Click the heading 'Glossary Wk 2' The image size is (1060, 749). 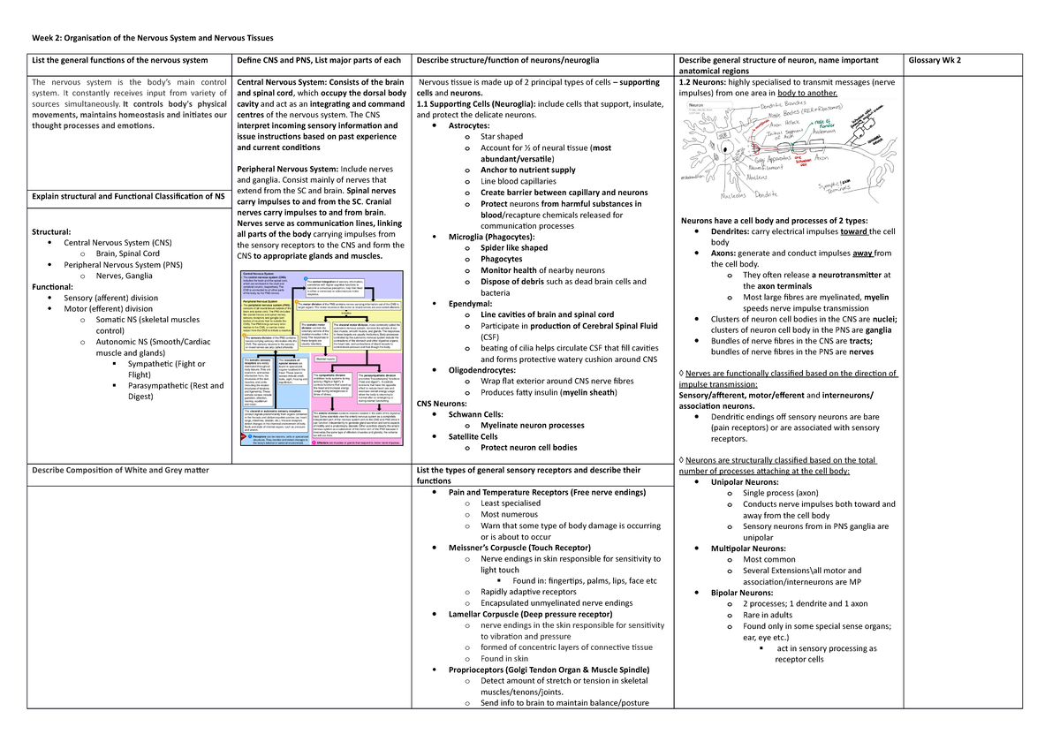(x=935, y=60)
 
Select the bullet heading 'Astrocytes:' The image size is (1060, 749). (x=476, y=126)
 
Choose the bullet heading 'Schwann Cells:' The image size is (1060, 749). (x=476, y=413)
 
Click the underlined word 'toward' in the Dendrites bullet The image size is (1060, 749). (x=854, y=231)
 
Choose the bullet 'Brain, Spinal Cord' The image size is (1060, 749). (x=125, y=253)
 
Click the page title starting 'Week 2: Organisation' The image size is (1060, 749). (x=153, y=38)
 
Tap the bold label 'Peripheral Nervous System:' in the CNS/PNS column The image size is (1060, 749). (x=287, y=169)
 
